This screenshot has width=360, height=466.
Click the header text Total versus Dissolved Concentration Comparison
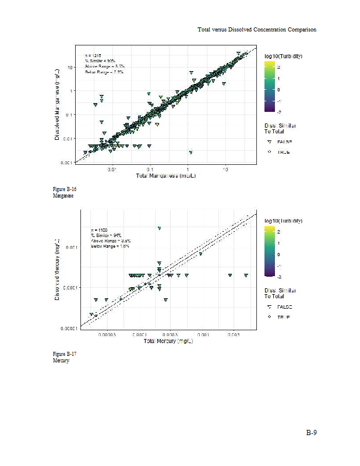click(257, 29)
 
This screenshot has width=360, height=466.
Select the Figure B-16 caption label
click(65, 190)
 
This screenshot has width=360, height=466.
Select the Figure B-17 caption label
click(65, 354)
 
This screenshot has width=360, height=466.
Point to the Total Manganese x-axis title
click(165, 176)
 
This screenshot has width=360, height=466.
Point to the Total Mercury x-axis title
click(168, 341)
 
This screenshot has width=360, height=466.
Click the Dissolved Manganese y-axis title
click(58, 104)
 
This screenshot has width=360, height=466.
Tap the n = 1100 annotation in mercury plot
click(100, 231)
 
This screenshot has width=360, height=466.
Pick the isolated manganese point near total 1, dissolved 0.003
click(190, 152)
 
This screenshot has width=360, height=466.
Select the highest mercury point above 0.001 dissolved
click(159, 228)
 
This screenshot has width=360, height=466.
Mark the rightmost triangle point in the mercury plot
click(246, 275)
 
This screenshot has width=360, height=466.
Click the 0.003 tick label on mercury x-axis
click(233, 335)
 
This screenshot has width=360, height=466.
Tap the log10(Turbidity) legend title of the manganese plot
click(283, 56)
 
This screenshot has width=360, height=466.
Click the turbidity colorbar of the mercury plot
click(271, 253)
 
